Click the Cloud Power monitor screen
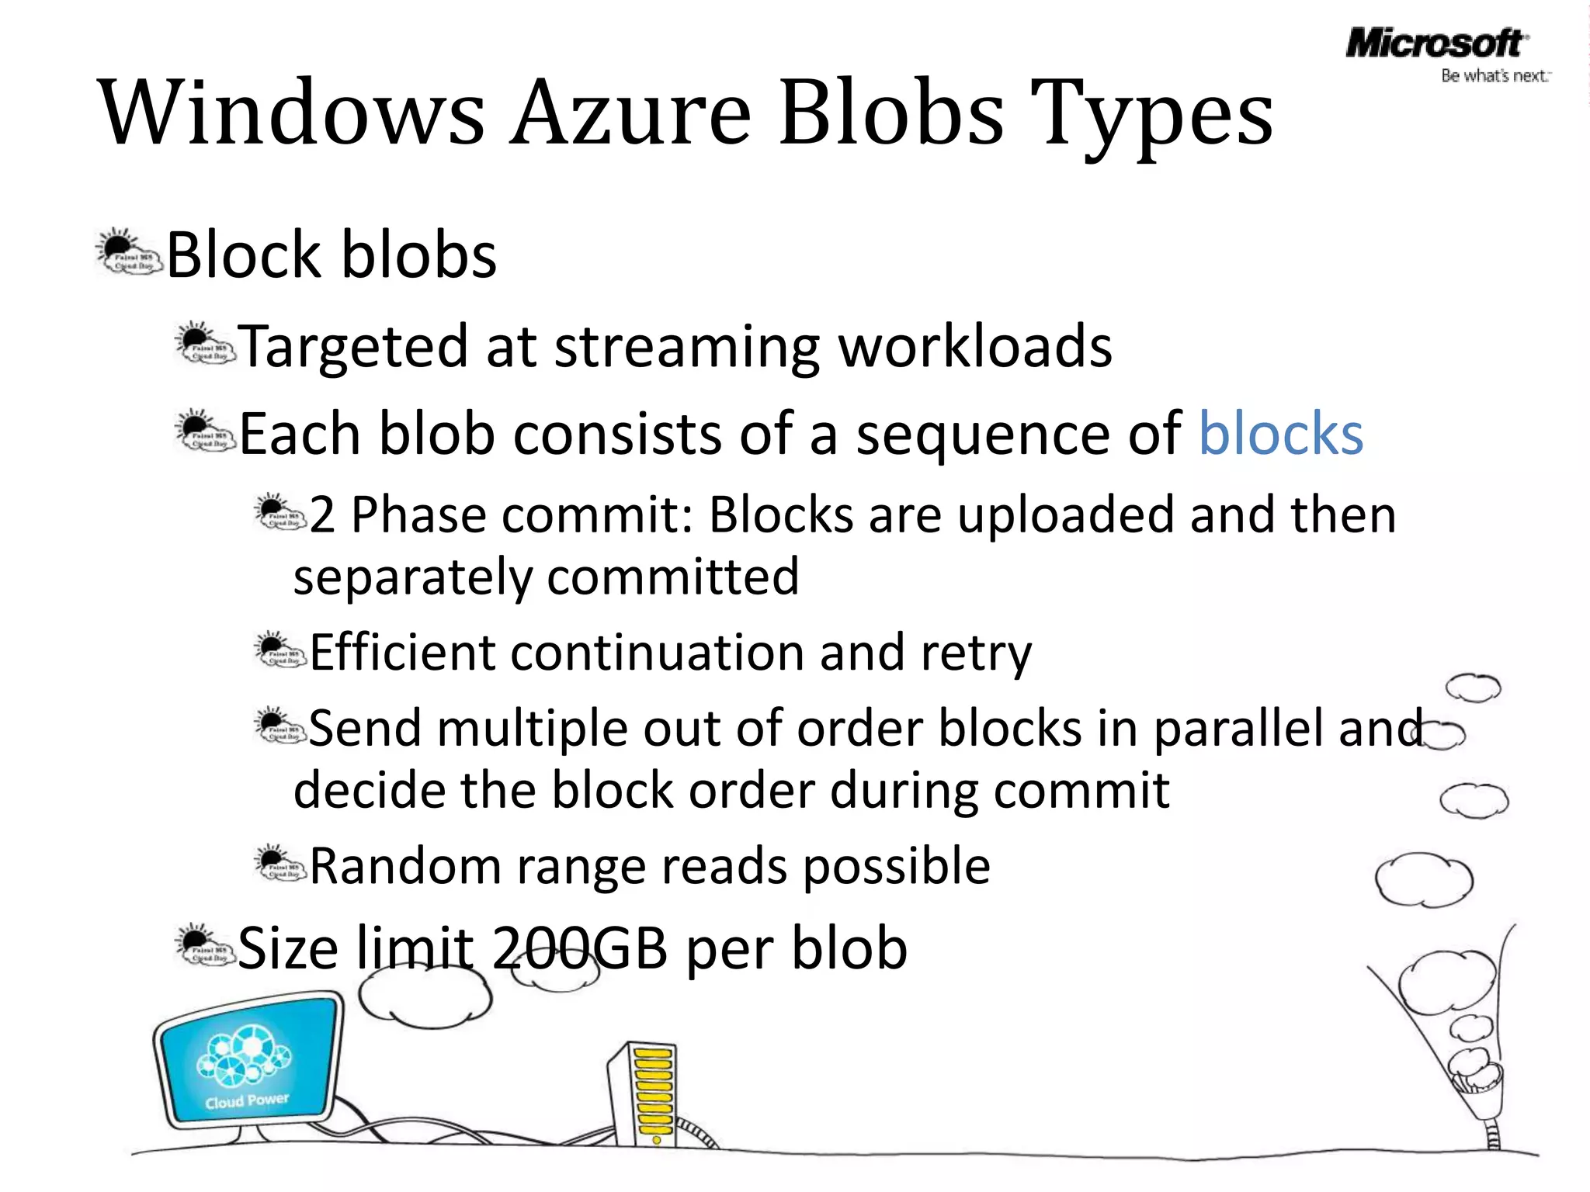tap(247, 1060)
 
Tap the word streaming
tap(686, 346)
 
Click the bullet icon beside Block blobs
tap(129, 252)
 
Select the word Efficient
tap(402, 652)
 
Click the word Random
tap(405, 865)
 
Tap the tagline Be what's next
tap(1495, 76)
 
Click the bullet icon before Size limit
tap(204, 945)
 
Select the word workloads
tap(975, 346)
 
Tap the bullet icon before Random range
tap(279, 863)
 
